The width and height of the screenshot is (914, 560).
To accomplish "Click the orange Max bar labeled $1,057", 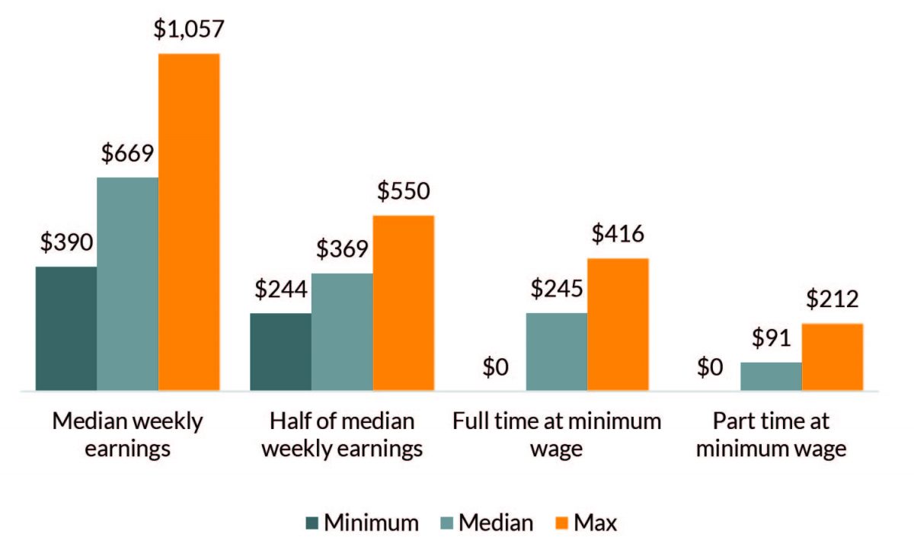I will [x=189, y=222].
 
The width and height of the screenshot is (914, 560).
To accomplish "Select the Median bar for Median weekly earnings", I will [x=127, y=283].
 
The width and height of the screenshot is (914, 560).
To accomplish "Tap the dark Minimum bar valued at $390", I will [x=66, y=328].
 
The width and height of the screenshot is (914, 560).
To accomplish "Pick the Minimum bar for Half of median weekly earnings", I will [x=280, y=351].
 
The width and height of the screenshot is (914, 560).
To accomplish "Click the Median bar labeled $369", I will [x=342, y=331].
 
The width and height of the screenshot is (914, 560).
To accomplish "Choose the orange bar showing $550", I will [x=403, y=302].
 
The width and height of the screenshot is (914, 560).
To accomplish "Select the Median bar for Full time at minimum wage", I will [x=556, y=351].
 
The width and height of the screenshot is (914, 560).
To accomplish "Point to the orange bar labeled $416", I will [x=618, y=324].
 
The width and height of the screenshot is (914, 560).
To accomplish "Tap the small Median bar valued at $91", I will [x=771, y=376].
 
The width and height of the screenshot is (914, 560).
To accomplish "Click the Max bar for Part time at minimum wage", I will [x=832, y=357].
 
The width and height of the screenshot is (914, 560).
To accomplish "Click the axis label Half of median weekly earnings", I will [x=342, y=435].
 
